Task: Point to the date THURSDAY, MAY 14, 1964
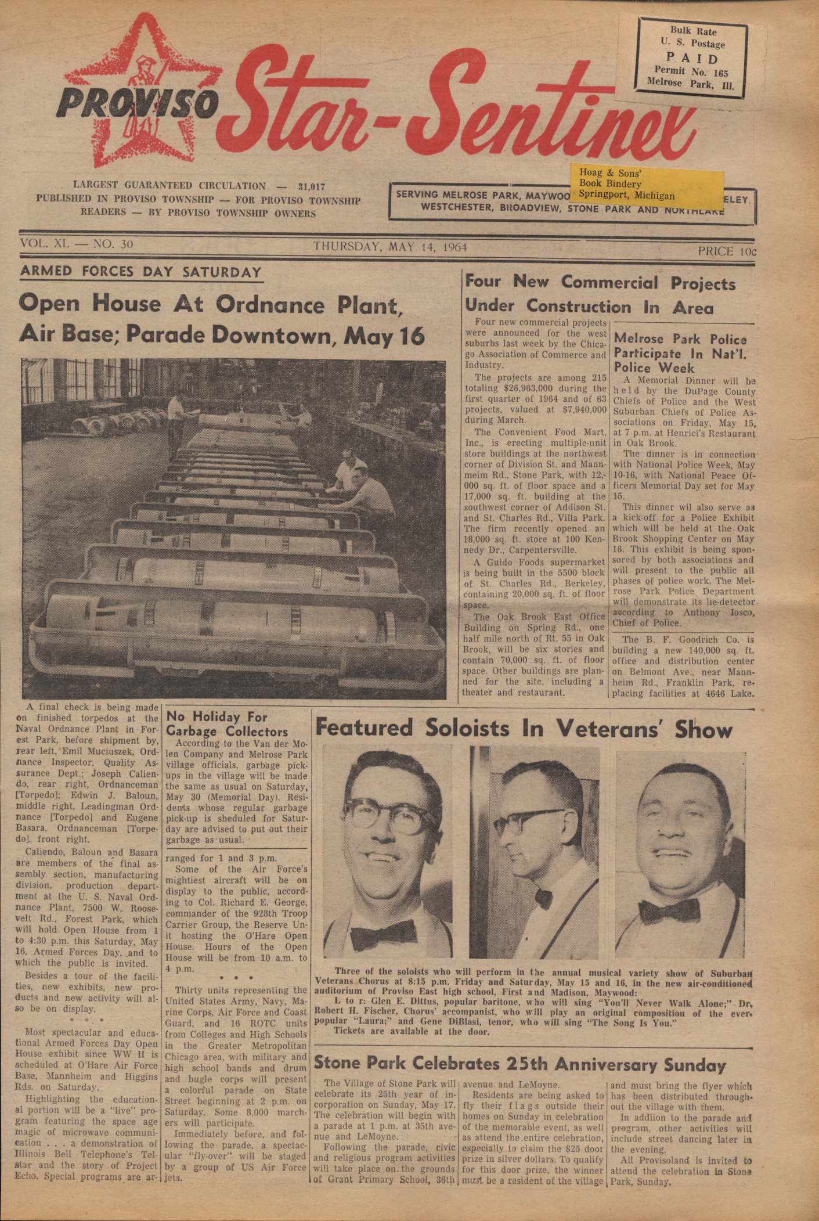tap(390, 247)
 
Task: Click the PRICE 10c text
tap(727, 251)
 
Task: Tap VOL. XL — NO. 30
tap(77, 244)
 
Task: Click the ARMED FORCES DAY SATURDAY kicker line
tap(141, 272)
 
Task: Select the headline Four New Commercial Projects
tap(600, 283)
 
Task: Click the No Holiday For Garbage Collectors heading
tap(226, 723)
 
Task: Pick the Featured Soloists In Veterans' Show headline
tap(524, 728)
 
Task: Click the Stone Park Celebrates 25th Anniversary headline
tap(519, 1064)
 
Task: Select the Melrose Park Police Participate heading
tap(680, 353)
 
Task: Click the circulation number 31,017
tap(311, 187)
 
